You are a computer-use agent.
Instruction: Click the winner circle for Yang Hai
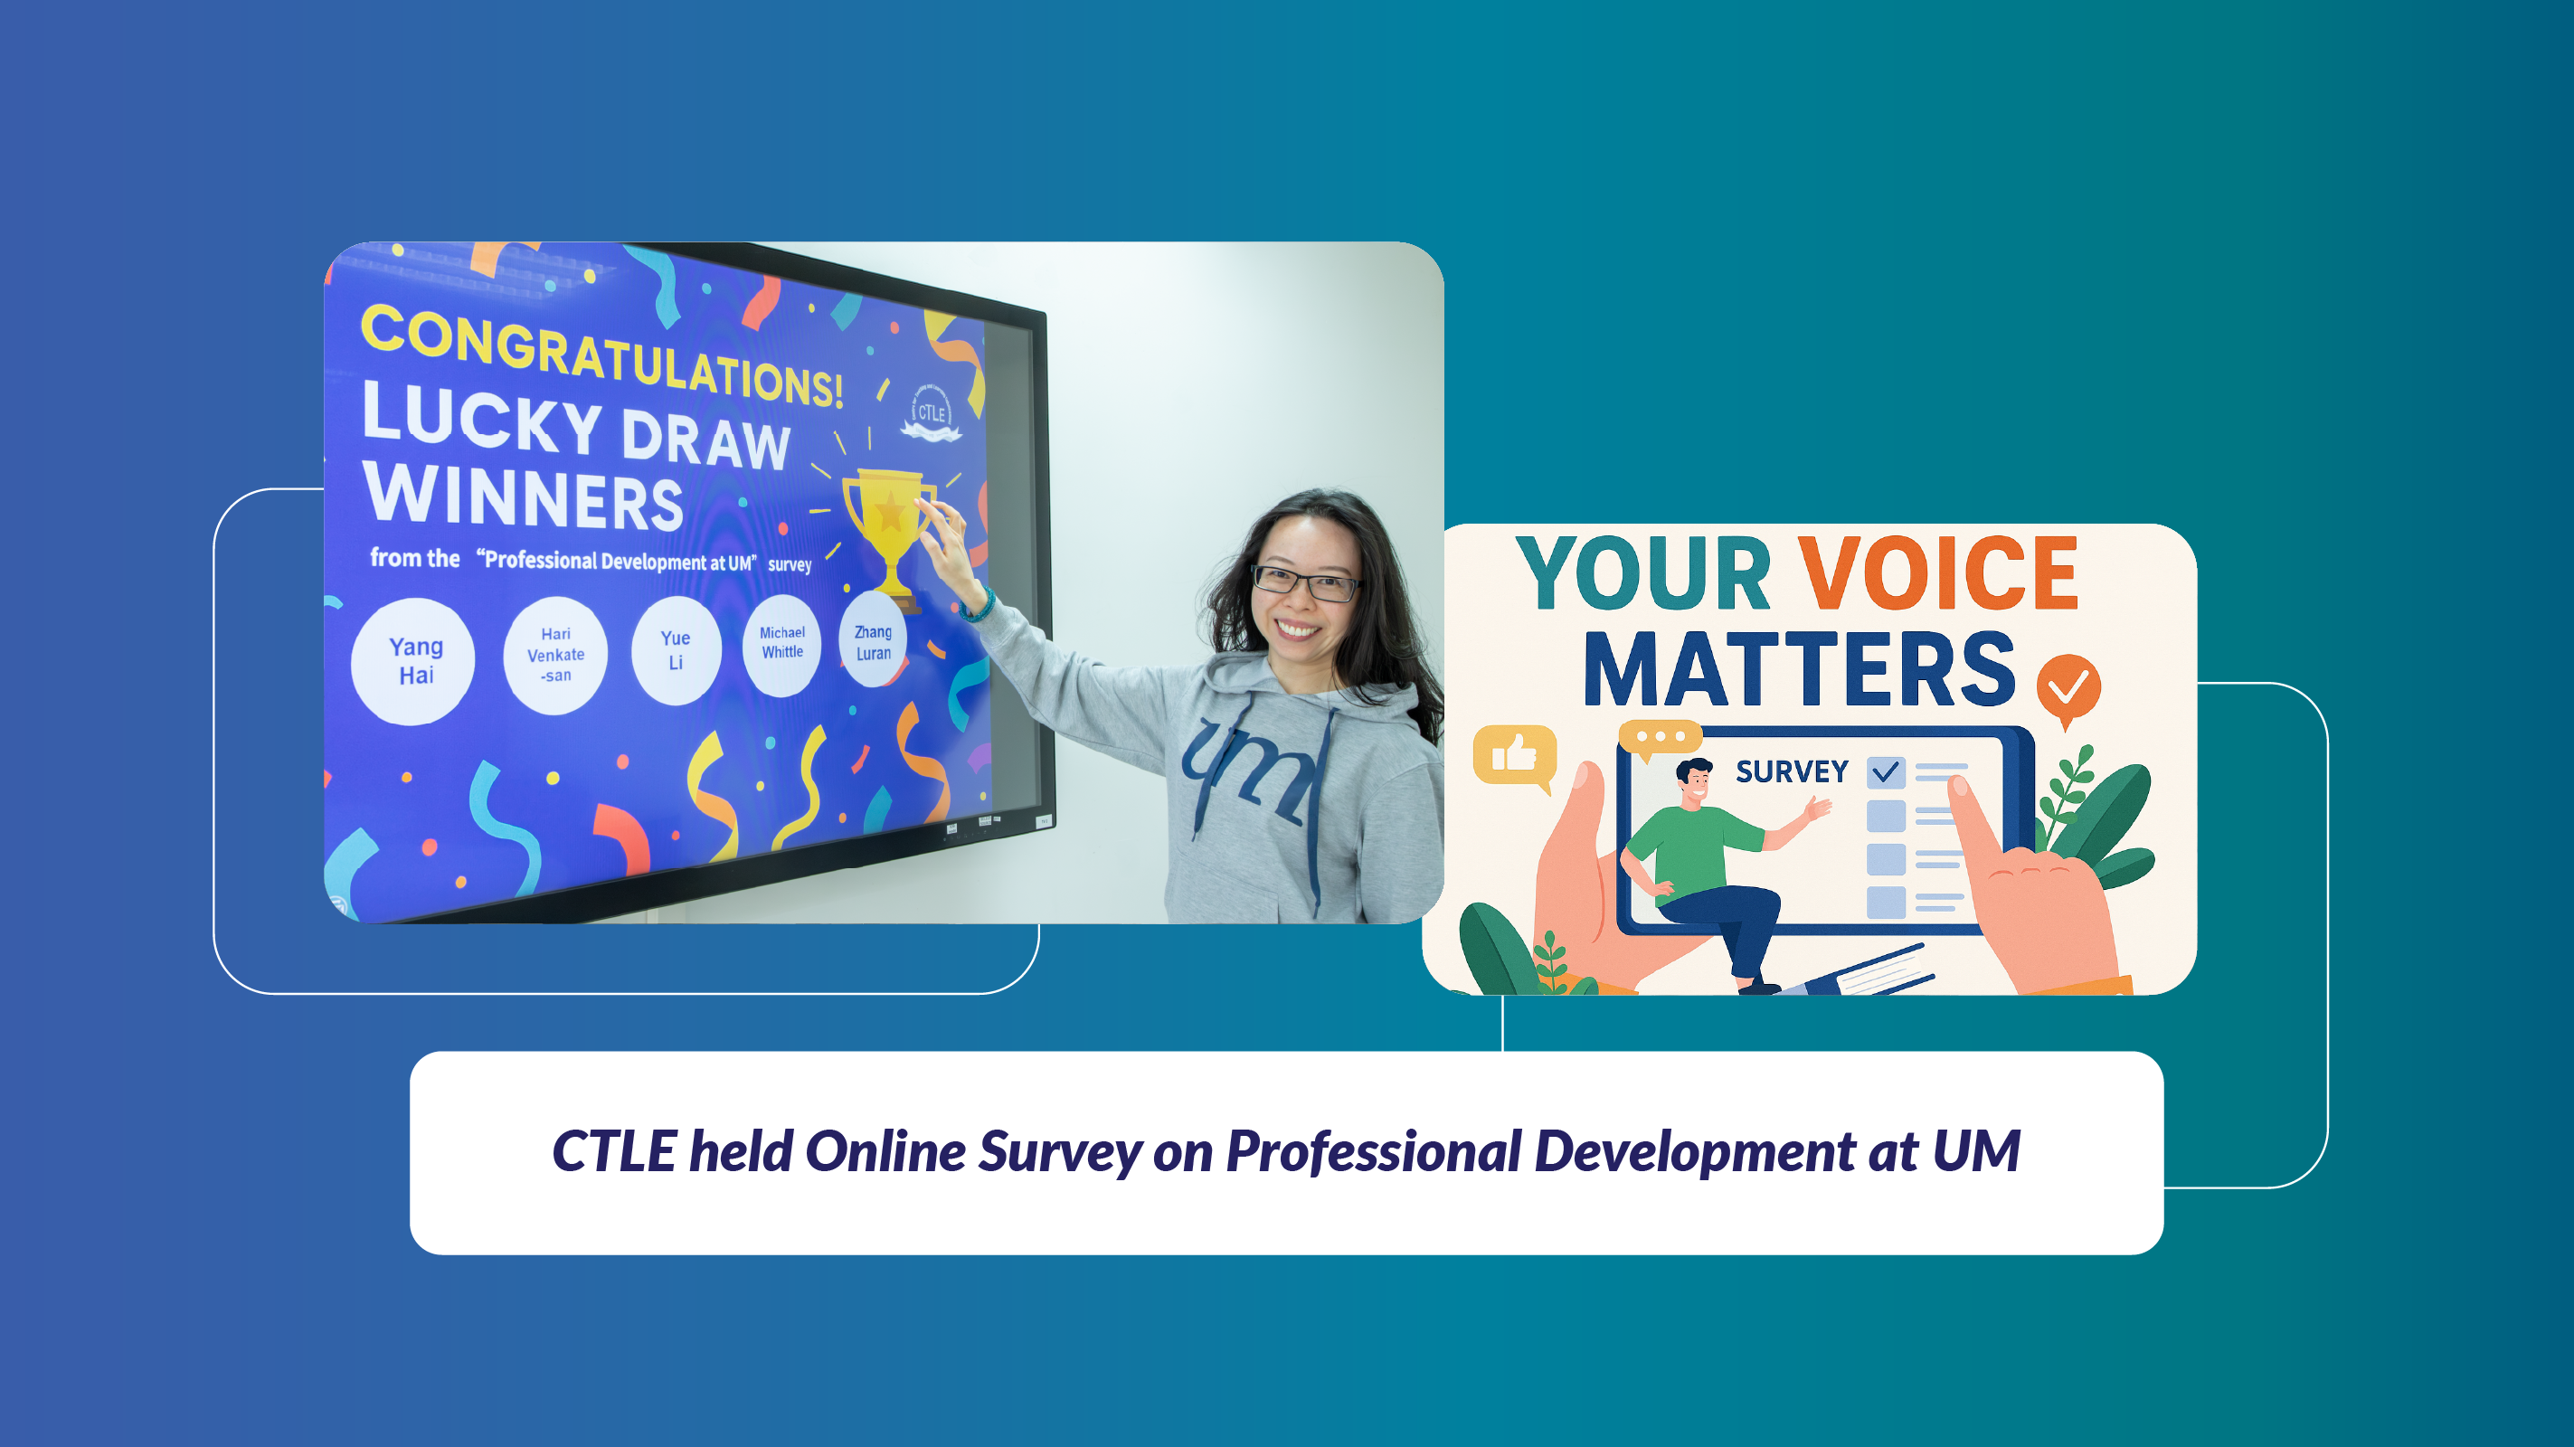[412, 661]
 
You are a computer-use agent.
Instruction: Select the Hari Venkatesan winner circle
[555, 656]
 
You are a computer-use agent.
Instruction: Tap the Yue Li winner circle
[677, 650]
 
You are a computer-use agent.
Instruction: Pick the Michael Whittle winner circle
[781, 645]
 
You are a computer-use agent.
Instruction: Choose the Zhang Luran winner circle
[874, 640]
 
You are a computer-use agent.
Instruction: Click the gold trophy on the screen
[887, 534]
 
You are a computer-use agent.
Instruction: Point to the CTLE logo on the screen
[932, 412]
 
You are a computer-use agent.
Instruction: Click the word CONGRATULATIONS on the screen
[601, 356]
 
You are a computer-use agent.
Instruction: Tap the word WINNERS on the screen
[524, 496]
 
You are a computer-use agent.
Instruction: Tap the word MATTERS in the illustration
[1800, 669]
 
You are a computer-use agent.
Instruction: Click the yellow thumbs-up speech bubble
[1515, 756]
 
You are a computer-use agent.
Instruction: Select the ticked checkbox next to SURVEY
[1886, 772]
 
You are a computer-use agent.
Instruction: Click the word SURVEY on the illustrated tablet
[1792, 772]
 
